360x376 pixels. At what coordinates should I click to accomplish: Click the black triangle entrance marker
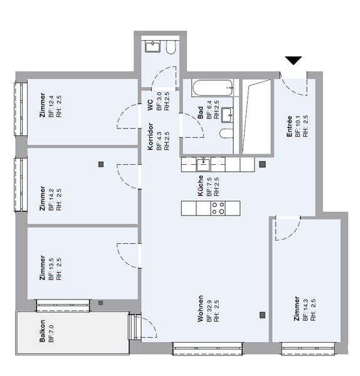294,61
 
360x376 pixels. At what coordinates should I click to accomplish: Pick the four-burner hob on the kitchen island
218,208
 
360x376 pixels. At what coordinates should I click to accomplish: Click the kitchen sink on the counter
202,164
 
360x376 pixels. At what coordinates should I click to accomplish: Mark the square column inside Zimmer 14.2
100,165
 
